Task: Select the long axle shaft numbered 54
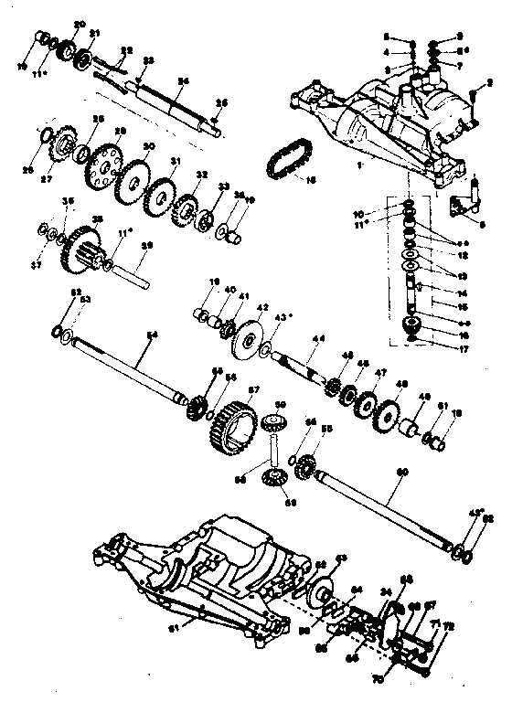tap(119, 369)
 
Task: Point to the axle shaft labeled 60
tap(384, 507)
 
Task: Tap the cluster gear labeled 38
tap(83, 248)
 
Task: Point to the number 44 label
tap(316, 338)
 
